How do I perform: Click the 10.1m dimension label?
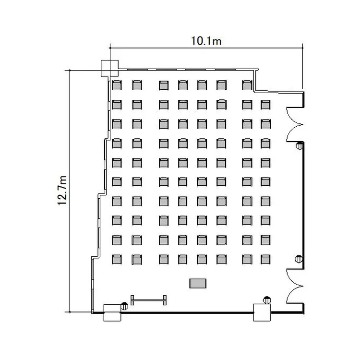click(206, 41)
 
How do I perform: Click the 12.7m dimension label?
click(62, 191)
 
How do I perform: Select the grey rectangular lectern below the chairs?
click(198, 283)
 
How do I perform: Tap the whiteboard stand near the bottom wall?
click(148, 300)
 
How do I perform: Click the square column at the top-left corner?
click(110, 69)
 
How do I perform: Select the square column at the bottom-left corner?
click(112, 312)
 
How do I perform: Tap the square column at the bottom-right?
click(262, 312)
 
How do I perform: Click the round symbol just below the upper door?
click(300, 145)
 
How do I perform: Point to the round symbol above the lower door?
click(299, 259)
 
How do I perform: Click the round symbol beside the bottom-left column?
click(124, 306)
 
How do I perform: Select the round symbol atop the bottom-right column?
click(267, 300)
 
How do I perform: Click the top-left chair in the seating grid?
click(117, 85)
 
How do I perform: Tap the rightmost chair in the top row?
click(247, 85)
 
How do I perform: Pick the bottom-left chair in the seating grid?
click(117, 259)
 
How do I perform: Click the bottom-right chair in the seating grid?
click(265, 259)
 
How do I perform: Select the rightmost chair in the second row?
click(265, 105)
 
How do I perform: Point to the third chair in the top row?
click(164, 85)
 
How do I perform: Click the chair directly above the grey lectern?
click(202, 259)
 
